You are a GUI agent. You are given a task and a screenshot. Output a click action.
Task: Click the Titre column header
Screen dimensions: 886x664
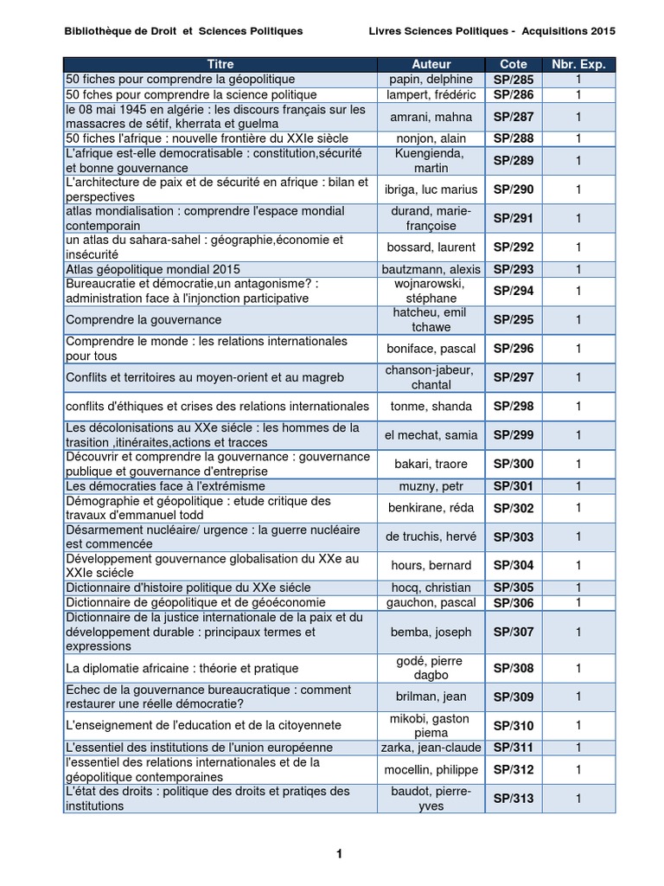[220, 64]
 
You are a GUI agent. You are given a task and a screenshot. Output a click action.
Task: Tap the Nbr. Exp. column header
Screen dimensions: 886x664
[578, 64]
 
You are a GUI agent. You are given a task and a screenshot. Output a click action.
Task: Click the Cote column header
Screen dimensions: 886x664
[514, 64]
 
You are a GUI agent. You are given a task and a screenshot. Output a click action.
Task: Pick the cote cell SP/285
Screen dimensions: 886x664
[514, 80]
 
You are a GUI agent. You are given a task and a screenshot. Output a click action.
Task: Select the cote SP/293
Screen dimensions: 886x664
[514, 269]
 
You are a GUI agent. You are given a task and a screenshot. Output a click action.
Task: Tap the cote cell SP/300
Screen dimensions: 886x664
[514, 465]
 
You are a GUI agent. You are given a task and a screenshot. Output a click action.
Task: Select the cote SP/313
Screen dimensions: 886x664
[514, 799]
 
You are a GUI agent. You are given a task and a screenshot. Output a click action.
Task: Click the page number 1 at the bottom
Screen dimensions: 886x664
[340, 854]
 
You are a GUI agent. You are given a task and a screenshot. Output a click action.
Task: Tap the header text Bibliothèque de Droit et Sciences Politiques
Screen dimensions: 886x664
[183, 31]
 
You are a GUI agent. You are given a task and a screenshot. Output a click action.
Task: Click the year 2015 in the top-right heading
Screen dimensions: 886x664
[597, 31]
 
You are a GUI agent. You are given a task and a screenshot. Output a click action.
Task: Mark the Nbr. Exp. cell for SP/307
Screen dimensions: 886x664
[578, 632]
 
